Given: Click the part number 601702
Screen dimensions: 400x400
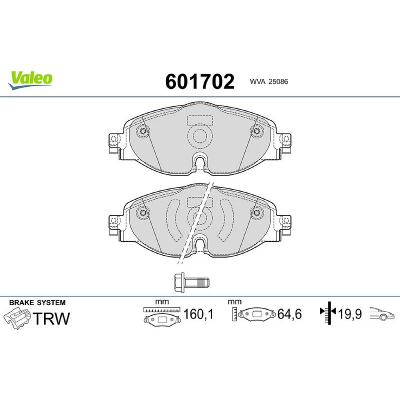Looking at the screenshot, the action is [200, 82].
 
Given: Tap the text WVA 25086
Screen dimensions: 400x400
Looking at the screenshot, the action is [269, 82].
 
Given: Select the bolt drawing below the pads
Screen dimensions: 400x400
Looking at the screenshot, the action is [192, 282].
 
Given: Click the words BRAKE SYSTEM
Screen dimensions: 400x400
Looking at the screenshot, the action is [38, 303].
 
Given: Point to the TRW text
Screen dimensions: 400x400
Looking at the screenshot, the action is [51, 318].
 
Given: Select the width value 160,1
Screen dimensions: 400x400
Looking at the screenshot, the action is [198, 314].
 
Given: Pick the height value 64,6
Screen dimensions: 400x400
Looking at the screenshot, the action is [290, 314].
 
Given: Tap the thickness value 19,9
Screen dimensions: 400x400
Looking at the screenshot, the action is [350, 314].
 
